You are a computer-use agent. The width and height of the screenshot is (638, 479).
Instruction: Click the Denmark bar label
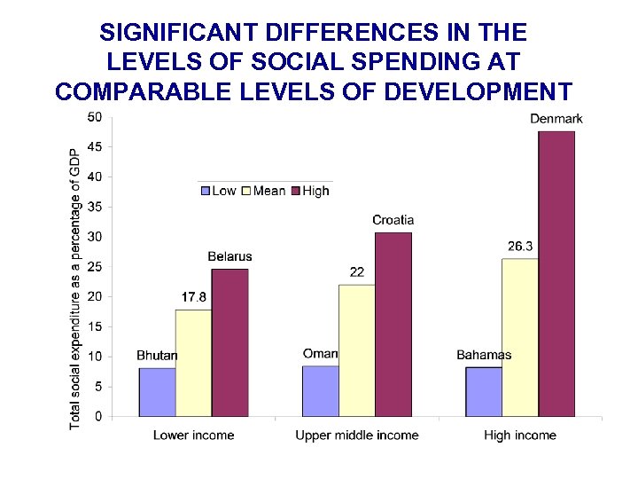(x=556, y=119)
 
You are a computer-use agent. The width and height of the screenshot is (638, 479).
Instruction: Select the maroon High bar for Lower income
(x=230, y=342)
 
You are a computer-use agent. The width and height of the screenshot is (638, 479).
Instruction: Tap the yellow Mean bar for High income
(x=520, y=337)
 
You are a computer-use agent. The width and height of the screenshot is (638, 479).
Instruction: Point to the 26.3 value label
(x=520, y=246)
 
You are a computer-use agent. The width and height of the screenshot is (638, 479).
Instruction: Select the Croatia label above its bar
(x=393, y=220)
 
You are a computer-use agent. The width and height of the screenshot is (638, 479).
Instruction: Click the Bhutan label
(x=157, y=356)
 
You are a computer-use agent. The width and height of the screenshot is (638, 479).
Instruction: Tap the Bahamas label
(x=484, y=356)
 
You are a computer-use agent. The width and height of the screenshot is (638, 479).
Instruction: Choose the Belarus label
(x=230, y=257)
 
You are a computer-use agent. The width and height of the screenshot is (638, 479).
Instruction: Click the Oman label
(x=320, y=354)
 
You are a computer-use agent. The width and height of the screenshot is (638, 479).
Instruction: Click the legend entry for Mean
(x=263, y=191)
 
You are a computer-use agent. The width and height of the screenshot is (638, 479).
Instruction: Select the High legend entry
(x=310, y=191)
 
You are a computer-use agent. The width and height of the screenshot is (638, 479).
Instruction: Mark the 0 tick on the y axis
(x=97, y=416)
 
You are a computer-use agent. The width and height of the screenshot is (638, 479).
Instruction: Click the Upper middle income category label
(x=356, y=436)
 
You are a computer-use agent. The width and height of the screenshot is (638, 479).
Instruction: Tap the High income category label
(x=520, y=436)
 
